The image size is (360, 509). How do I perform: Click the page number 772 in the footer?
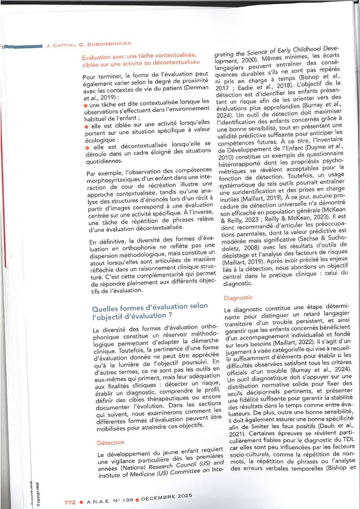tap(70, 503)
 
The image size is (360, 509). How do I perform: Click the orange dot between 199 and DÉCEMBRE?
tap(137, 500)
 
